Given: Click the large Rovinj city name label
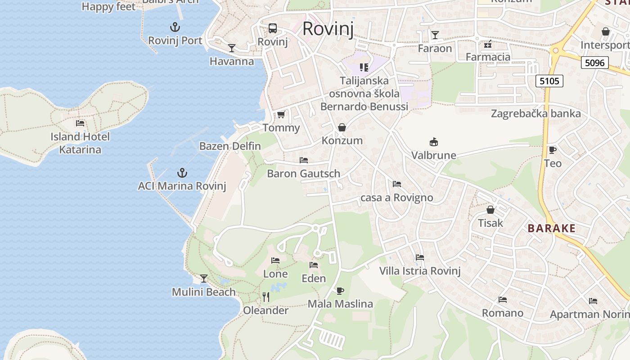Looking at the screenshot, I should (x=328, y=28).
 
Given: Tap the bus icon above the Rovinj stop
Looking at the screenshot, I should (x=273, y=28).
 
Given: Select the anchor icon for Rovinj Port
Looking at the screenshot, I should (x=175, y=27).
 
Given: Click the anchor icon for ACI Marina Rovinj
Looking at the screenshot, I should (x=182, y=173).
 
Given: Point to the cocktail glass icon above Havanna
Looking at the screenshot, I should (x=232, y=48).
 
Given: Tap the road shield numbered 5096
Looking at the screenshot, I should (x=594, y=63).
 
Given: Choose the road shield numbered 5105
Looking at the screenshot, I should (x=549, y=81).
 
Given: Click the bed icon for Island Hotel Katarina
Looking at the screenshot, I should (x=80, y=123).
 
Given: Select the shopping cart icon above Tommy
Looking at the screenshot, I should (x=281, y=115).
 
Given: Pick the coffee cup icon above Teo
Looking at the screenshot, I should (x=553, y=150).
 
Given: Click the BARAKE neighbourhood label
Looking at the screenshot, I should (x=552, y=229).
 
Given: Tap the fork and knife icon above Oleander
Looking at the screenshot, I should (x=266, y=297).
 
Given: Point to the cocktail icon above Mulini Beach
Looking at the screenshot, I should (x=204, y=279).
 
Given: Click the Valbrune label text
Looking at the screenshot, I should (x=434, y=156).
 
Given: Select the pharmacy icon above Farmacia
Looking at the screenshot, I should (x=488, y=44).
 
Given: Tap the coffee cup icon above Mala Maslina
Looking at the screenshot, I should (x=340, y=291).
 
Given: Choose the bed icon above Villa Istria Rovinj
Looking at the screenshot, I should (x=420, y=257).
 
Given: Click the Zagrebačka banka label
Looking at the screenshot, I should (x=536, y=113).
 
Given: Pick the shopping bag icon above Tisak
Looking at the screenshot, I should (x=490, y=210).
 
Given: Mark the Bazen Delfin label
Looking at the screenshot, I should (x=230, y=146).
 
